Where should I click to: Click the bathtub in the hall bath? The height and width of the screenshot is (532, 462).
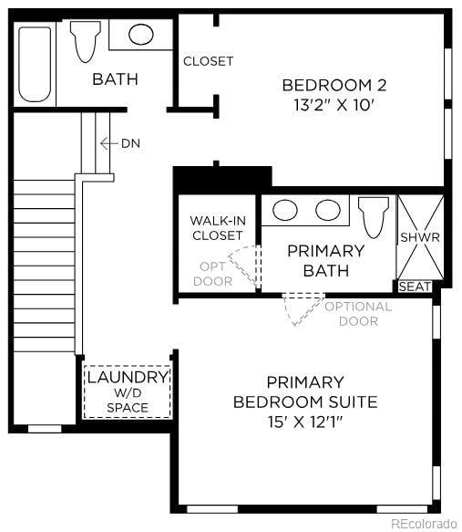36,63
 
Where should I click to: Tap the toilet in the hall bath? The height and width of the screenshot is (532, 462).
86,41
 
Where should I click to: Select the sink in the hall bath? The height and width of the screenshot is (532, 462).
140,35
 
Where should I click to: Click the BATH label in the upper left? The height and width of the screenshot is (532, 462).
115,79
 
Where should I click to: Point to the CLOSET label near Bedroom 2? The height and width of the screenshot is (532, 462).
208,61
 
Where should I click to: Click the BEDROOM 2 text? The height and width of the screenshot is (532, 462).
334,85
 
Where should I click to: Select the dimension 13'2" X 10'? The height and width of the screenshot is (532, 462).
334,105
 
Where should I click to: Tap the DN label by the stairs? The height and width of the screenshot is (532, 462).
130,143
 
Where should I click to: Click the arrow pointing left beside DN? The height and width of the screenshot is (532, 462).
108,143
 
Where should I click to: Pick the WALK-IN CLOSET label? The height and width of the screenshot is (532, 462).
217,228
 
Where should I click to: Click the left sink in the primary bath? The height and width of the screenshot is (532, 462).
285,210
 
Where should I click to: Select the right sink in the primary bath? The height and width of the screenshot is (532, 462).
327,210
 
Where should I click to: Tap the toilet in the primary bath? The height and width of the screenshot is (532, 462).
374,215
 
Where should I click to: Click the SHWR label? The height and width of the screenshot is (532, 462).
420,237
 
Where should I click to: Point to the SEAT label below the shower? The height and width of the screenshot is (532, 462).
416,287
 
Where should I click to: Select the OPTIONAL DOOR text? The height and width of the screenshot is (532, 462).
358,313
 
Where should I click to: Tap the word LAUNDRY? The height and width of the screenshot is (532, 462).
128,377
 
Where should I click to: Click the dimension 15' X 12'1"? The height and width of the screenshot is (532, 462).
305,422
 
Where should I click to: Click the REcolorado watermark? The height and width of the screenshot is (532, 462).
424,524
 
